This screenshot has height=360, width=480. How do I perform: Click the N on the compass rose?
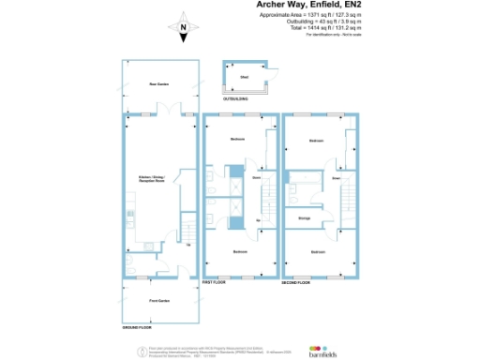click(184, 28)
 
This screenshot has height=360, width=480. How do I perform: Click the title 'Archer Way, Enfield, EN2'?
click(310, 6)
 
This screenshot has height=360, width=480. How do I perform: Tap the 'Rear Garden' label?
click(158, 84)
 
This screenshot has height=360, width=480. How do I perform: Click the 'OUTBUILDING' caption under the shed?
click(235, 98)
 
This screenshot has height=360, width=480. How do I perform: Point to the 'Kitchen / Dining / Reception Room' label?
click(152, 177)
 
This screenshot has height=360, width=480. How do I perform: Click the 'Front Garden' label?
click(158, 300)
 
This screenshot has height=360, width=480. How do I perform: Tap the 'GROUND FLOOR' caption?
click(138, 327)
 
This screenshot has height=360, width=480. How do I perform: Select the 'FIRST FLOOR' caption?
click(215, 281)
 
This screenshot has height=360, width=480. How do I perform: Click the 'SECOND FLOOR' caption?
click(296, 281)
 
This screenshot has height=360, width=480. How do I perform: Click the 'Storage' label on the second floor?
click(304, 218)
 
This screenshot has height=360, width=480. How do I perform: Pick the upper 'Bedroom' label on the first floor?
click(237, 139)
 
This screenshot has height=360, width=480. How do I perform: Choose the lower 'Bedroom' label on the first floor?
click(240, 251)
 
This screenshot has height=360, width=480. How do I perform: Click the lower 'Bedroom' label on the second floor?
click(318, 251)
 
